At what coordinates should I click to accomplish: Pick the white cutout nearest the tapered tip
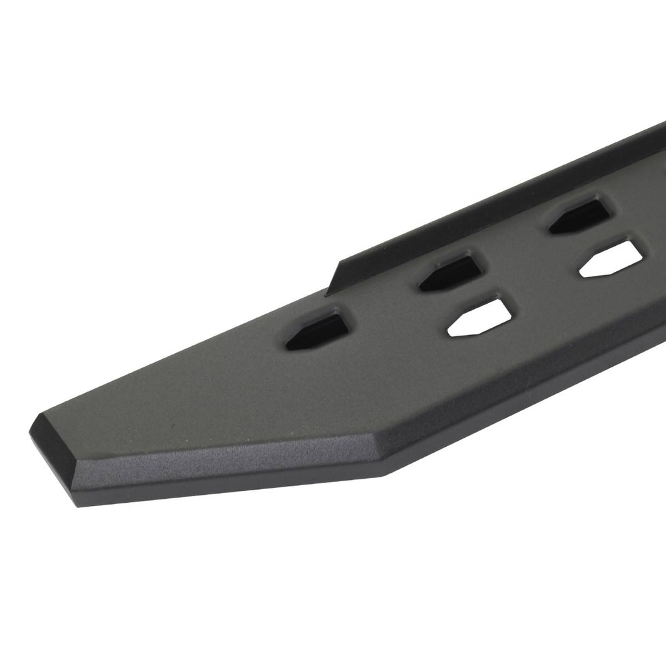481,318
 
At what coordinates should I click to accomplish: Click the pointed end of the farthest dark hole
552,228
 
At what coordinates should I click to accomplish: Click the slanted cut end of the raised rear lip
334,279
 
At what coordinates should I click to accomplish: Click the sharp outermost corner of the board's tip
31,430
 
